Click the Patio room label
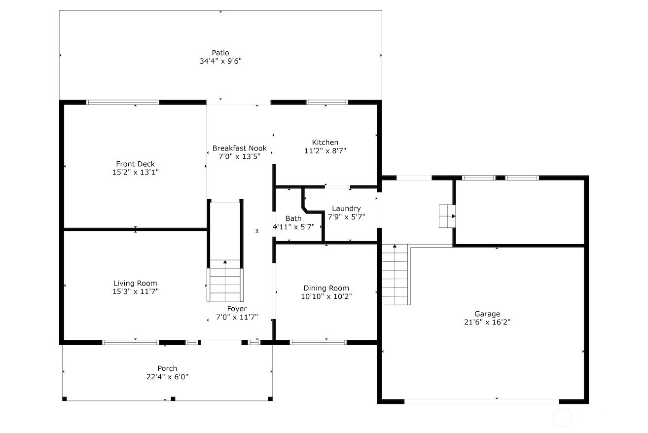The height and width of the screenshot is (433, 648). pyautogui.click(x=220, y=53)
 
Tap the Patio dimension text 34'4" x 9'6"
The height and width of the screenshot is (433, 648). pyautogui.click(x=220, y=61)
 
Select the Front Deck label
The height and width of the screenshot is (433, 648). pyautogui.click(x=136, y=164)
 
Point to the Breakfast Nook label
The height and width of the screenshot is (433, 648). pyautogui.click(x=240, y=148)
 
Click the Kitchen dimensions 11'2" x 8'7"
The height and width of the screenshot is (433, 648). pyautogui.click(x=325, y=151)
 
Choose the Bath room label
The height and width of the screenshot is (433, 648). pyautogui.click(x=293, y=218)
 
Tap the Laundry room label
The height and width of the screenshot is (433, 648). pyautogui.click(x=346, y=209)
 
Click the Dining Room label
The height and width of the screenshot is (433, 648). pyautogui.click(x=326, y=288)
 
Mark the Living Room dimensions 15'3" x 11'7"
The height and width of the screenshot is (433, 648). pyautogui.click(x=136, y=291)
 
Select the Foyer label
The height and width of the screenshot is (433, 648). pyautogui.click(x=237, y=309)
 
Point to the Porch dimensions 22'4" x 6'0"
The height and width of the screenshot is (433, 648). pyautogui.click(x=167, y=377)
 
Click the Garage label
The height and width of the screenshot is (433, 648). pyautogui.click(x=487, y=314)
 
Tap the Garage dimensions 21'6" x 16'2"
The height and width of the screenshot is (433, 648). pyautogui.click(x=487, y=322)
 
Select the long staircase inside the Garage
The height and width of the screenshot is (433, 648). pyautogui.click(x=395, y=275)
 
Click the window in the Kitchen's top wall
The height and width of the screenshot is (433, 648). pyautogui.click(x=327, y=102)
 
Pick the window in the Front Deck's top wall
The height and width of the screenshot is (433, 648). pyautogui.click(x=123, y=102)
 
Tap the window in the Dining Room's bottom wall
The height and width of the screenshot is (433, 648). pyautogui.click(x=318, y=342)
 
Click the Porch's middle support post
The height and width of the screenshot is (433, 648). pyautogui.click(x=173, y=399)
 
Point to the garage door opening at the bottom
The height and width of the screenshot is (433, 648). pyautogui.click(x=482, y=401)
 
